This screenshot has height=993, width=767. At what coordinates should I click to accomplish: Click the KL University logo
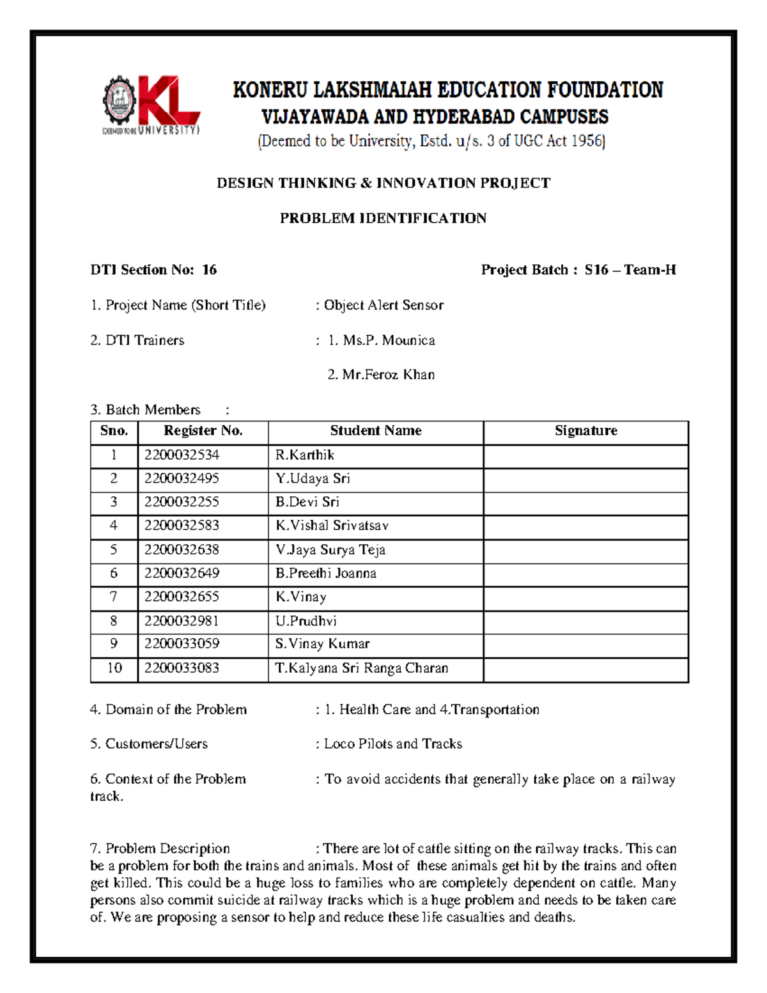[151, 105]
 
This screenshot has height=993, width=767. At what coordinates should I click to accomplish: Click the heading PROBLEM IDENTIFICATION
[383, 218]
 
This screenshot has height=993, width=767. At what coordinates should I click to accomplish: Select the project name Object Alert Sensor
[383, 305]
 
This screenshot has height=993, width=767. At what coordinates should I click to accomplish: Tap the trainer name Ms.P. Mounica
[389, 340]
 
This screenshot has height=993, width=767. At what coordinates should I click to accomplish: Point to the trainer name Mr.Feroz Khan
[388, 375]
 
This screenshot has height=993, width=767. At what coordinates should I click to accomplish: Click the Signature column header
[585, 431]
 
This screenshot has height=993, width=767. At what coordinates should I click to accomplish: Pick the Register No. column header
[203, 431]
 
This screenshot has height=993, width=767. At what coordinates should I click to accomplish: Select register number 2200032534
[182, 455]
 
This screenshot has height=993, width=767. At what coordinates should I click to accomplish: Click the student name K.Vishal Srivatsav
[332, 526]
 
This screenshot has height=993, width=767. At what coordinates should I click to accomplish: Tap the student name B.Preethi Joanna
[325, 573]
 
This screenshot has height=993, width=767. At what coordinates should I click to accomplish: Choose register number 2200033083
[182, 668]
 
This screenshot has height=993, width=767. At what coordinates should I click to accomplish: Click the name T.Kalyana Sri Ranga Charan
[362, 668]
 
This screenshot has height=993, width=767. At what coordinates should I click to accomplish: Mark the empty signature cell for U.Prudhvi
[585, 621]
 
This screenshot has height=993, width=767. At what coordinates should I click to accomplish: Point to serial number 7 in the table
[114, 597]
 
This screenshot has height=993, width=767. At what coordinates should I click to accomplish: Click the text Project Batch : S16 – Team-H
[578, 270]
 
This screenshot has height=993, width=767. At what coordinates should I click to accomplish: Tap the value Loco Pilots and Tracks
[392, 744]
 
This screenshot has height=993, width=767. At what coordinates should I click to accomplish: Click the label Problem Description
[167, 848]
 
